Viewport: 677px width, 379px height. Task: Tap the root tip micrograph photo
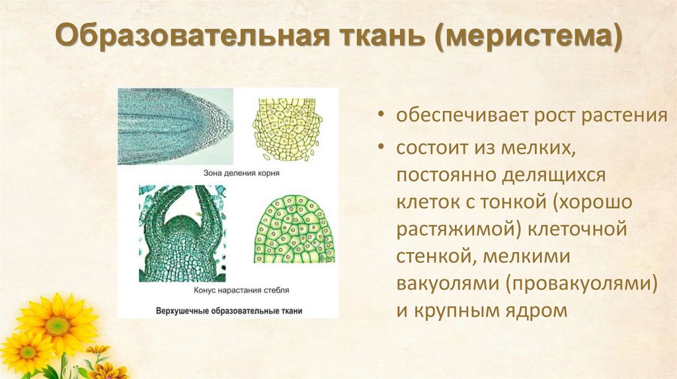pos(175,126)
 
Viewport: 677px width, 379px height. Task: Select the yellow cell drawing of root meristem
pos(287,128)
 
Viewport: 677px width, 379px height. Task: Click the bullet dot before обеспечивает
pos(383,116)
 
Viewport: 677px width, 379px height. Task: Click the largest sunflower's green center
pos(58,325)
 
